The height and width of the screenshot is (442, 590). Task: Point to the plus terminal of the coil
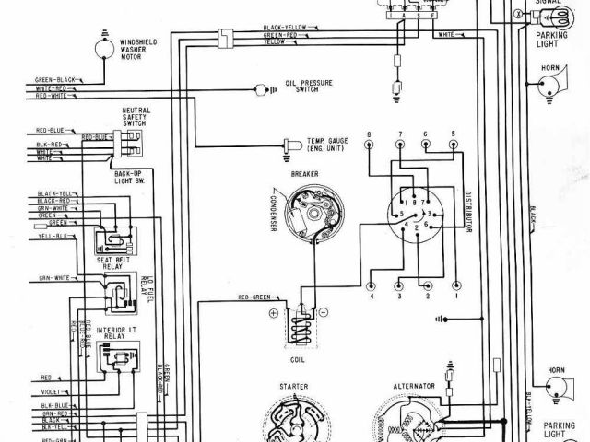click(273, 314)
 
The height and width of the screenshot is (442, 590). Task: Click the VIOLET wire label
click(48, 390)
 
